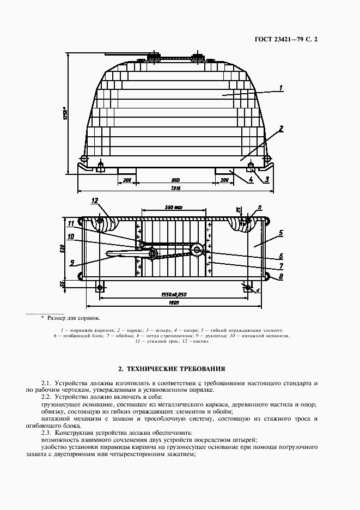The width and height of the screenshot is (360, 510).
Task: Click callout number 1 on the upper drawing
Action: (281, 88)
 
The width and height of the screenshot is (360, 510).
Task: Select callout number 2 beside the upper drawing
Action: (280, 129)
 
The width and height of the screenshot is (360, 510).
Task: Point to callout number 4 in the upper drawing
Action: (251, 179)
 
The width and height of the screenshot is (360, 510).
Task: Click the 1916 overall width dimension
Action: (175, 188)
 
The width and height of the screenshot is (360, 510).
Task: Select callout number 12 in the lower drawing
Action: (94, 201)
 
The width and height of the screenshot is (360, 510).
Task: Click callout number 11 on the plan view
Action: (71, 223)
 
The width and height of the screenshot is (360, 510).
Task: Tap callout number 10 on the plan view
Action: (71, 236)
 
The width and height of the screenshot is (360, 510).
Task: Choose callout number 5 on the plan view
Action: (280, 233)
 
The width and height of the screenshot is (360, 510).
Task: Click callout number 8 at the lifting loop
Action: (280, 277)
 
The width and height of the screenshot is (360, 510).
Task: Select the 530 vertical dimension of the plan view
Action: (63, 249)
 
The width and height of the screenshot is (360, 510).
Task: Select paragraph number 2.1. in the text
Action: (49, 383)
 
